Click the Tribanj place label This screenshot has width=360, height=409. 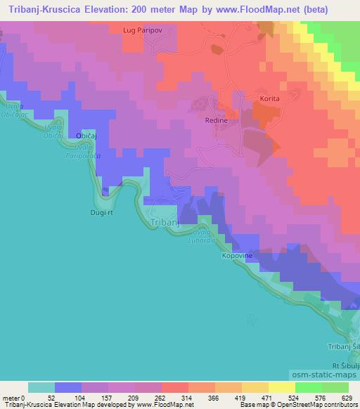pos(165,222)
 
